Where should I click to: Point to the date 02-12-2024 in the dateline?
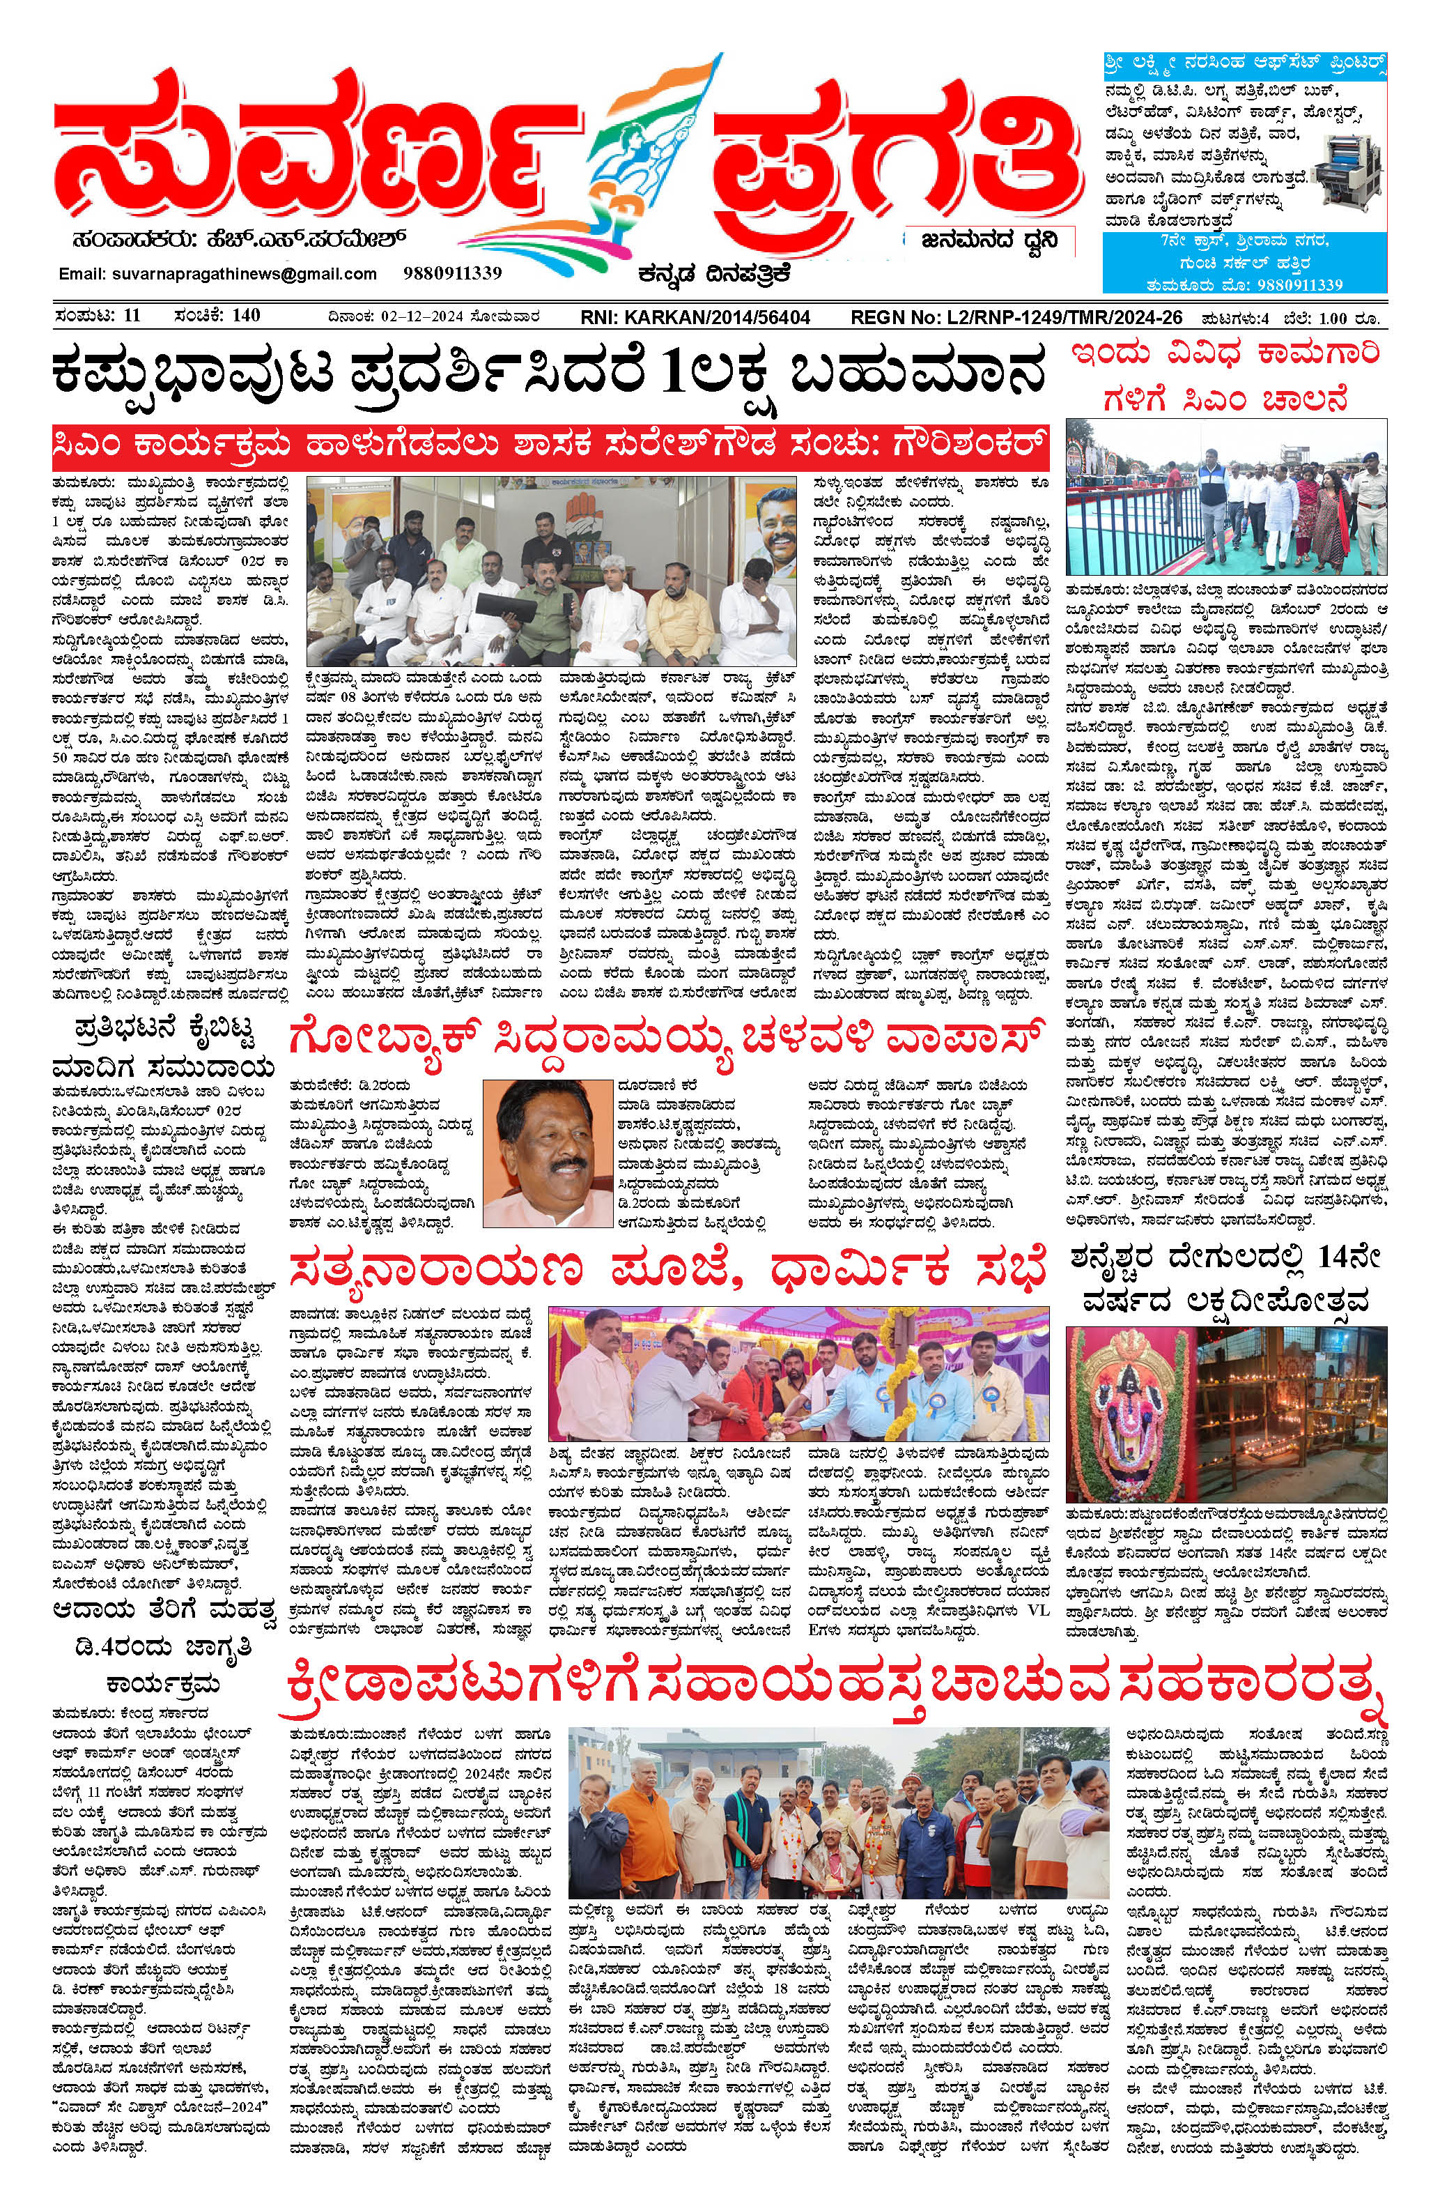click(x=418, y=318)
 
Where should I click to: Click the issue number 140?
click(x=247, y=316)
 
